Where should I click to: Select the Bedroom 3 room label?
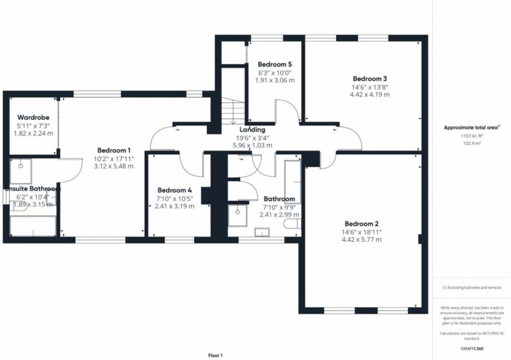370,78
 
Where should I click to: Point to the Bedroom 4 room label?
175,190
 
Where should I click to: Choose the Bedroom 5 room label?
275,64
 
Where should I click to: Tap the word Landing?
252,129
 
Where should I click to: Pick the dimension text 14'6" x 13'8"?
370,87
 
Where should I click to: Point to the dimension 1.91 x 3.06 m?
275,81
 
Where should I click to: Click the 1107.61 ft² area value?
472,135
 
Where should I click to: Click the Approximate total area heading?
471,127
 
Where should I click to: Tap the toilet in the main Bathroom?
291,224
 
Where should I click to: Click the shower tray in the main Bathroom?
238,215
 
